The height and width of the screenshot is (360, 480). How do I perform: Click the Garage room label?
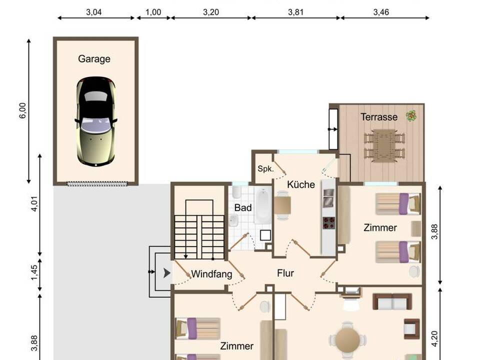tap(94, 59)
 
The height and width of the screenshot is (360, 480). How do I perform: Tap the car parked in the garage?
tap(96, 121)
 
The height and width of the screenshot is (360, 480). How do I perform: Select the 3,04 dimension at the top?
tap(93, 12)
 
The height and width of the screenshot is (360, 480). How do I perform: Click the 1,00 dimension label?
tap(153, 12)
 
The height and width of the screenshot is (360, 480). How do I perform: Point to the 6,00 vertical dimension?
tap(23, 110)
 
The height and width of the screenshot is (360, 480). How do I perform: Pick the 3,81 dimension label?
tap(295, 12)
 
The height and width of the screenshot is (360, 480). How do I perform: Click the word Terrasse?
tap(379, 117)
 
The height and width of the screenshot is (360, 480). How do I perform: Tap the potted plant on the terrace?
tap(411, 116)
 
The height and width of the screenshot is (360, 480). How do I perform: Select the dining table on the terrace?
tap(384, 145)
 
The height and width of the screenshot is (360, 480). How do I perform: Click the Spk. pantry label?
tap(265, 168)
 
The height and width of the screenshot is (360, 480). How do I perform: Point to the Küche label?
tap(301, 184)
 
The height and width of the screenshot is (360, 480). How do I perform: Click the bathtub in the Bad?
tap(263, 205)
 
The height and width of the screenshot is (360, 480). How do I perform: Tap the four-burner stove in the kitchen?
tap(329, 222)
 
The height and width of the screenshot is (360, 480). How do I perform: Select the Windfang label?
tap(211, 274)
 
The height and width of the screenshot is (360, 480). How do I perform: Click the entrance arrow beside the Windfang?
tap(166, 273)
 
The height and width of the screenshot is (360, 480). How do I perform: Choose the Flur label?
tap(285, 273)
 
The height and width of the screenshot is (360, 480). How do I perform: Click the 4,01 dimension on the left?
tap(34, 204)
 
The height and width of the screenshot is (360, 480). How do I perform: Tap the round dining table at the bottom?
tap(347, 340)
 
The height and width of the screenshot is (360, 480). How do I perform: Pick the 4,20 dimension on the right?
tap(434, 339)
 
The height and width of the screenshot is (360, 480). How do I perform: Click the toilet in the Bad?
tap(236, 192)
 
